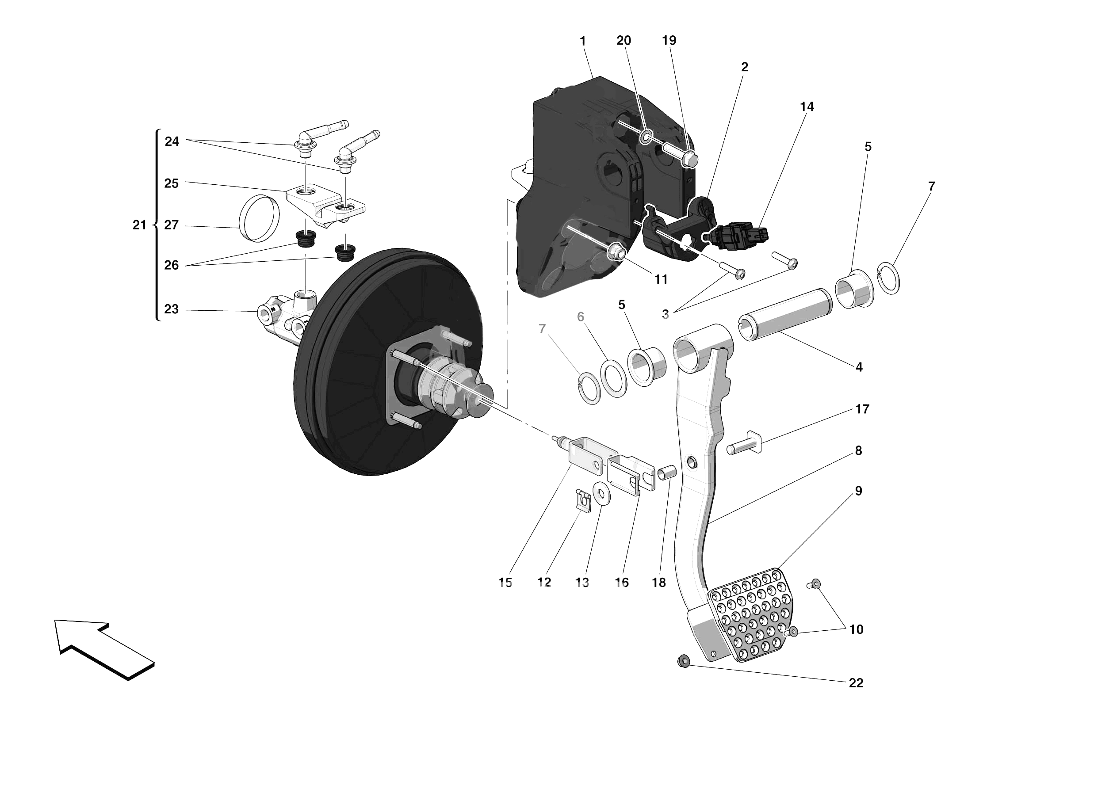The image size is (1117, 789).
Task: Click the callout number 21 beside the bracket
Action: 139,225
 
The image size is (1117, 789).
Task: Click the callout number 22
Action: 856,683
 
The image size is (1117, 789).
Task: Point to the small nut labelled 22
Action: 684,661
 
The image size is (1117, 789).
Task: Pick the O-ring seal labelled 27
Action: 260,218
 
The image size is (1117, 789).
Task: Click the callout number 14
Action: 807,107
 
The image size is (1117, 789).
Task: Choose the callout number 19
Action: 669,40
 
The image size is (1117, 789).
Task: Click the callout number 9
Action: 858,491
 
